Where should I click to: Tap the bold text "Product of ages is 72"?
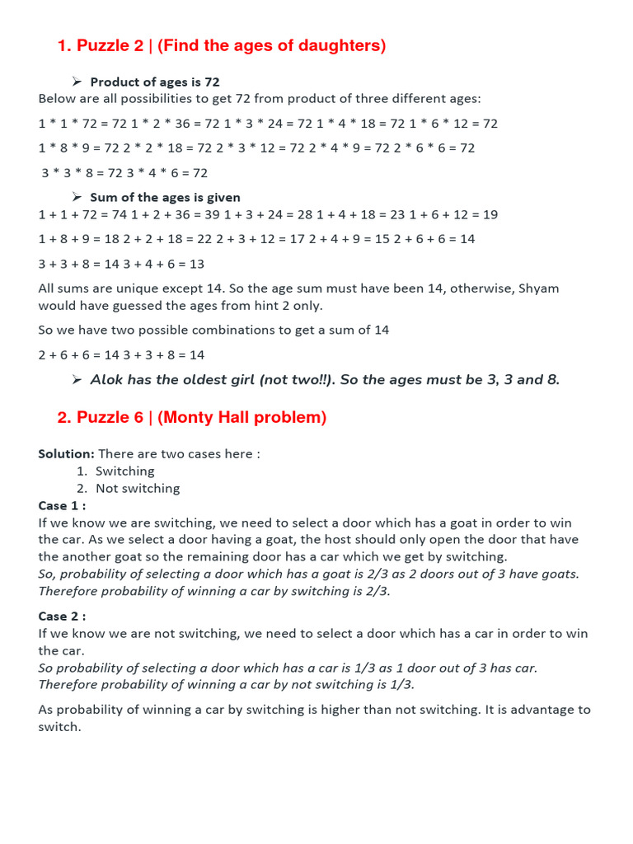tap(155, 82)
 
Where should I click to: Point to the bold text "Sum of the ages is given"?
tap(165, 197)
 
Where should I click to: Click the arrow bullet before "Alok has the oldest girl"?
tap(77, 379)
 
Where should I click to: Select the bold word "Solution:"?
tap(66, 454)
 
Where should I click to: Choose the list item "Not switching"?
tap(138, 488)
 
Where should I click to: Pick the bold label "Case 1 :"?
tap(62, 505)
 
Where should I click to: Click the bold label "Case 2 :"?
tap(62, 616)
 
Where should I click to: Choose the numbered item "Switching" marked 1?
tap(124, 471)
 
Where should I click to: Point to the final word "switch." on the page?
tap(59, 727)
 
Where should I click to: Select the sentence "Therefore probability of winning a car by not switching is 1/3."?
tap(226, 684)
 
